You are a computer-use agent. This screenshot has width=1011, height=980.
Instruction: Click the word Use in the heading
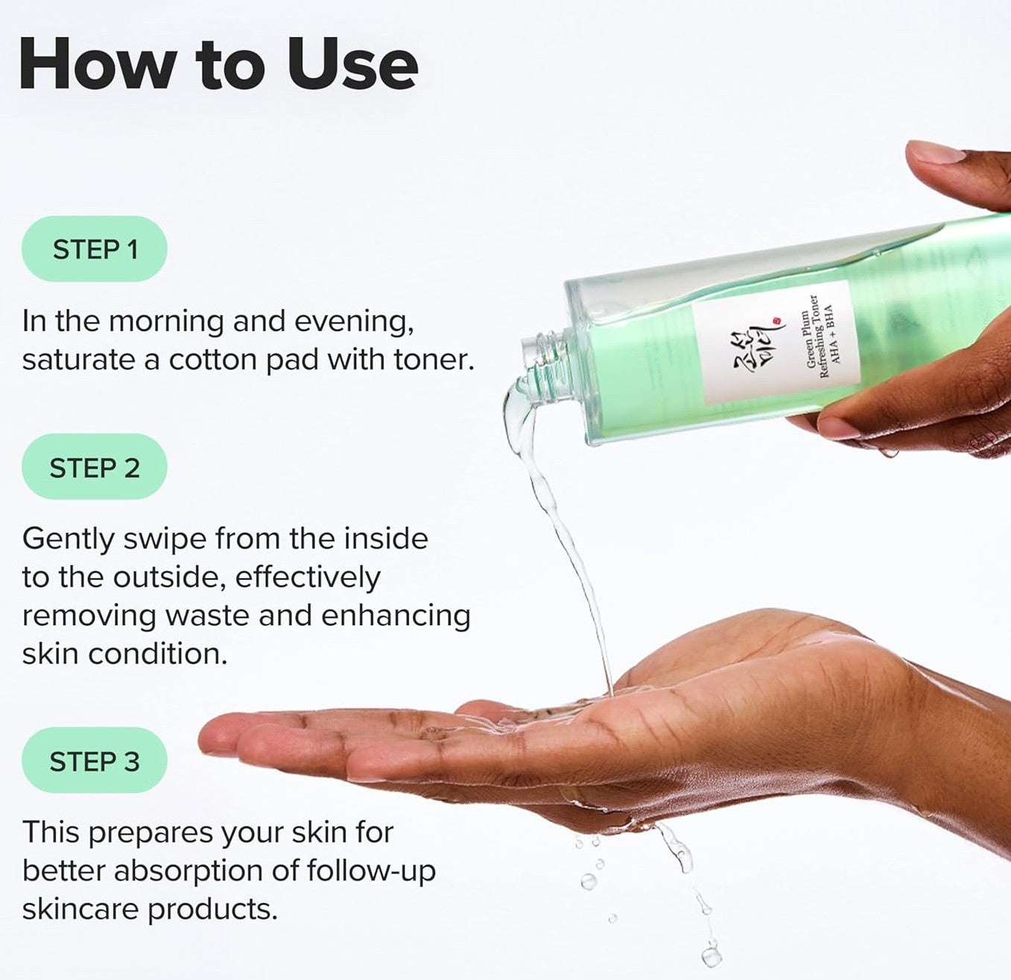tap(352, 66)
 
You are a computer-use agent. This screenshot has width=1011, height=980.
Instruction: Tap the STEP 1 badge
tap(95, 249)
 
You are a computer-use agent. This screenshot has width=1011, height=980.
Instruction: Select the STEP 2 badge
tap(95, 467)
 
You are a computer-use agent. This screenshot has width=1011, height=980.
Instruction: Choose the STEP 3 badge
tap(95, 761)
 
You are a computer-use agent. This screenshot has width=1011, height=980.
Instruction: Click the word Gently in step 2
tap(69, 539)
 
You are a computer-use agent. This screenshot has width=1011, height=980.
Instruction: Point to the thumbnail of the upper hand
tap(936, 152)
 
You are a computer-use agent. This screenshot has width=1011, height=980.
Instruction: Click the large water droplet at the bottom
tap(711, 954)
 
